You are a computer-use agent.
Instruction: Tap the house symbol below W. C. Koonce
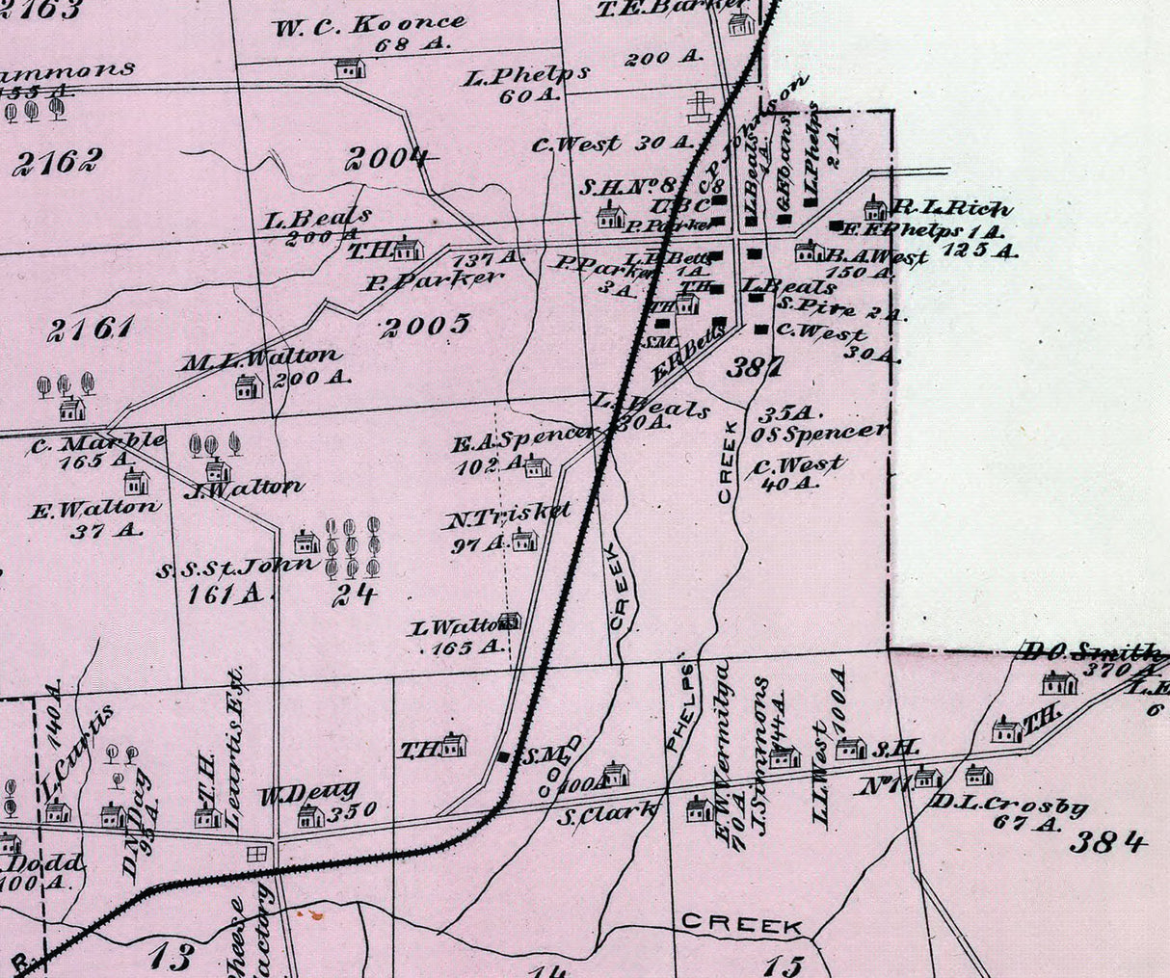coord(350,68)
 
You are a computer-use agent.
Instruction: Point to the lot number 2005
coord(424,326)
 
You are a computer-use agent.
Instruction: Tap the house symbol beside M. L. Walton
coord(249,387)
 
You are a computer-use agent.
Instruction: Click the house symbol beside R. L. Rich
coord(874,207)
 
